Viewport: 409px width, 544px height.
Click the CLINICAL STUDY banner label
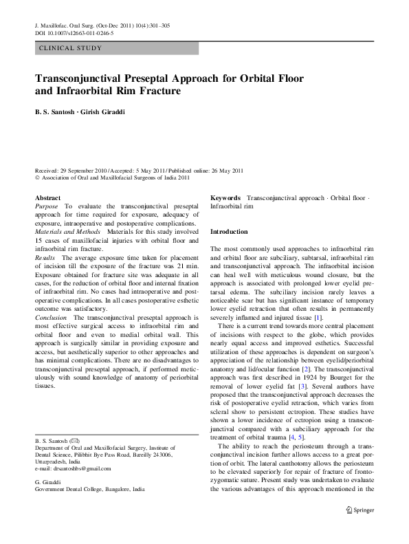click(71, 48)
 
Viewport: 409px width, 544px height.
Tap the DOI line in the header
click(74, 33)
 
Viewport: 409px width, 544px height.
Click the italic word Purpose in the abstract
click(47, 206)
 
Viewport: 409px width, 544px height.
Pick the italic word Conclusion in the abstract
click(51, 318)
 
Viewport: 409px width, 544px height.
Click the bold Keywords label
click(225, 197)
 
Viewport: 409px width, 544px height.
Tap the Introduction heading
click(228, 232)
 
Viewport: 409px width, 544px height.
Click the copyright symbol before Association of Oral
click(37, 177)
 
